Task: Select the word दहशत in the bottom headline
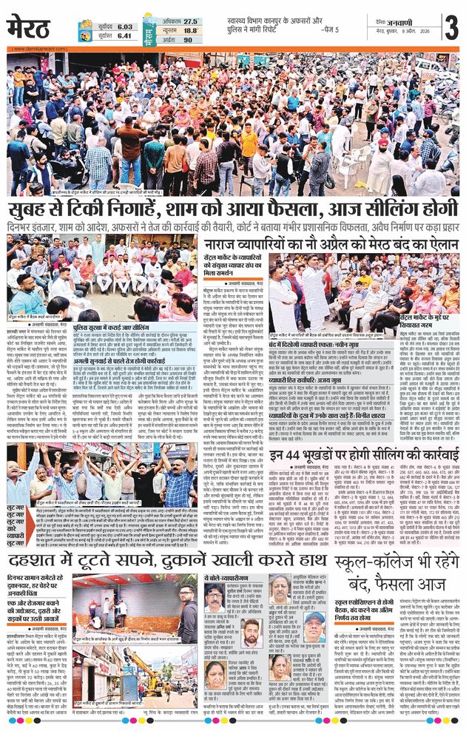click(40, 559)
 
